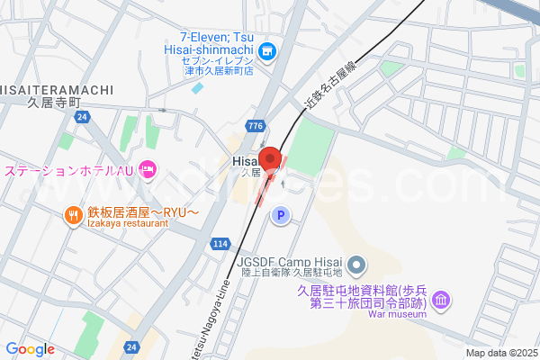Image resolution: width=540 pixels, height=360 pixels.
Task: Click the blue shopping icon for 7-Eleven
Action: [x=267, y=52]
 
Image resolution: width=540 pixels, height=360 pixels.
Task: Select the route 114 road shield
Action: [x=220, y=244]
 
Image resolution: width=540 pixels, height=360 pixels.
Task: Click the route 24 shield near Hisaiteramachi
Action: [x=82, y=117]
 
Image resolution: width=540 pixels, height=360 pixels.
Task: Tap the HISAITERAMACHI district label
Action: [x=56, y=88]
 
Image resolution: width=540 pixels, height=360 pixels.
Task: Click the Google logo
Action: [x=30, y=349]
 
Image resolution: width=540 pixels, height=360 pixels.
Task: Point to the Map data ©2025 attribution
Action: [x=500, y=354]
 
